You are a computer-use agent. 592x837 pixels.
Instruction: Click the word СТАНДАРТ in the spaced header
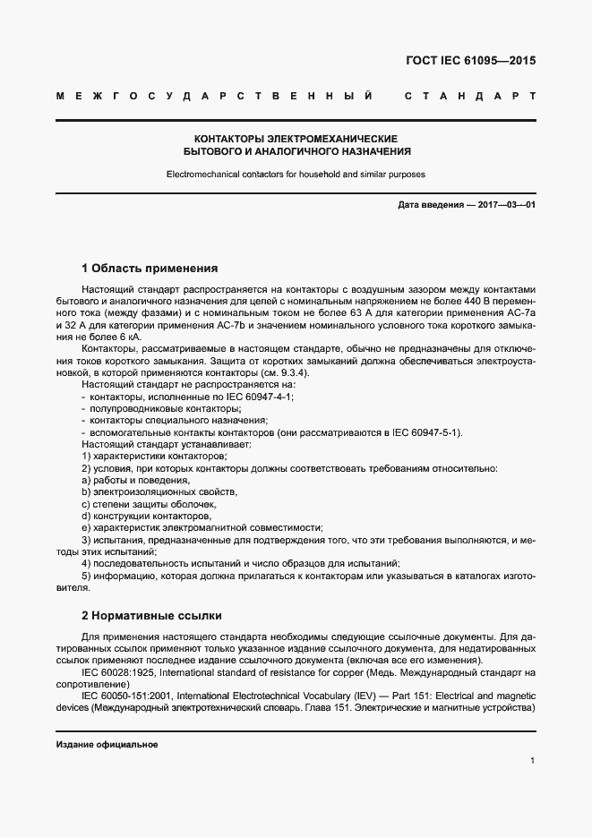(x=470, y=95)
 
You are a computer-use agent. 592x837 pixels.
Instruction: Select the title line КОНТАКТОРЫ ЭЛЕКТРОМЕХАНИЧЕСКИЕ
(x=296, y=140)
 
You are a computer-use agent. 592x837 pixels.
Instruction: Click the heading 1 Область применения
(x=150, y=268)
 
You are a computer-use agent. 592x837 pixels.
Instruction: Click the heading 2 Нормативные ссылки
(x=151, y=616)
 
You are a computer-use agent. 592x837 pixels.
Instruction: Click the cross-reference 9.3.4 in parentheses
(x=292, y=371)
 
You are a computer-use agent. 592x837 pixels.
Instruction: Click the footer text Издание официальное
(x=107, y=745)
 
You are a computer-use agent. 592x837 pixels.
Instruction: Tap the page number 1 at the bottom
(x=532, y=761)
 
